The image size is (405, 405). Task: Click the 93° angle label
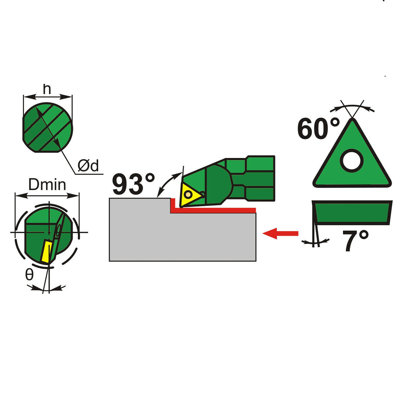pyautogui.click(x=134, y=184)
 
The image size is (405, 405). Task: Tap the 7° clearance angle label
pyautogui.click(x=355, y=240)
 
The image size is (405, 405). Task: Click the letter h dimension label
pyautogui.click(x=47, y=89)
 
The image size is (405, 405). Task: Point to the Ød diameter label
pyautogui.click(x=88, y=166)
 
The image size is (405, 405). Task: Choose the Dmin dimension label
pyautogui.click(x=47, y=185)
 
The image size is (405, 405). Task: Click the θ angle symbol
pyautogui.click(x=29, y=275)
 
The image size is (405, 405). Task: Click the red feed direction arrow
pyautogui.click(x=280, y=233)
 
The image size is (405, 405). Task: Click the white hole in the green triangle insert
pyautogui.click(x=352, y=161)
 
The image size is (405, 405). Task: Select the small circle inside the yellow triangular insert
pyautogui.click(x=188, y=195)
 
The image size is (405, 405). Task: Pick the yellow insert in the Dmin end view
pyautogui.click(x=47, y=252)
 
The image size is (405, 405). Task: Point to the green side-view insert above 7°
pyautogui.click(x=352, y=213)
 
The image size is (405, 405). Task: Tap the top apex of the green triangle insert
pyautogui.click(x=353, y=119)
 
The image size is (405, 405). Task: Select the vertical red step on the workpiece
pyautogui.click(x=172, y=205)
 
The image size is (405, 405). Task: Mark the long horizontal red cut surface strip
pyautogui.click(x=213, y=210)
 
